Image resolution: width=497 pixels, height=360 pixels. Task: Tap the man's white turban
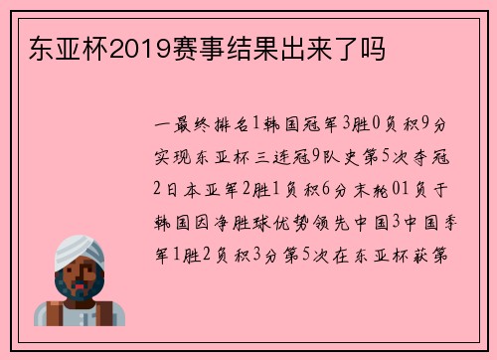(77, 248)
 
